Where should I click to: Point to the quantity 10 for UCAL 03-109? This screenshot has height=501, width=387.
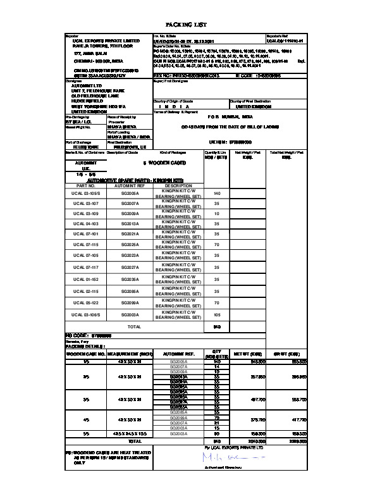click(x=217, y=214)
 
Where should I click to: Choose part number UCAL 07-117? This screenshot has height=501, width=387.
click(x=85, y=268)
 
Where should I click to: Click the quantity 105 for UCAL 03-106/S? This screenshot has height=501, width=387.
click(x=217, y=314)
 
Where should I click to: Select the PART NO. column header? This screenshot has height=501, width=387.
click(x=85, y=186)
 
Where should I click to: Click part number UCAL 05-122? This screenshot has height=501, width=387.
click(x=85, y=303)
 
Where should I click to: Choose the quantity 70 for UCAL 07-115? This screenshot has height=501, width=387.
click(x=217, y=244)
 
